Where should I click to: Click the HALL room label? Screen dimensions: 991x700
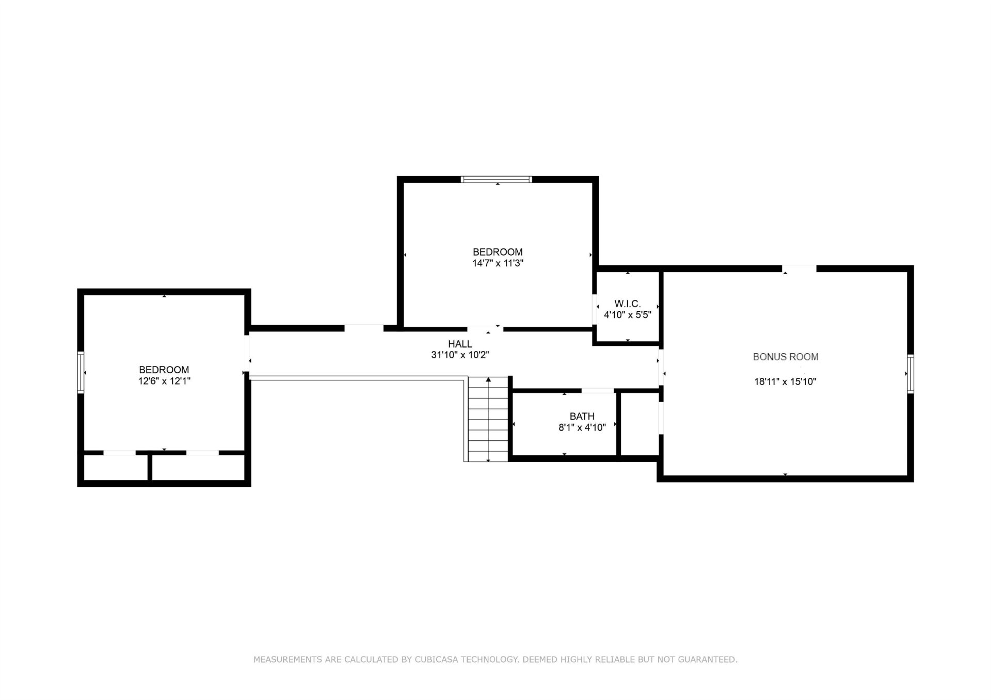pyautogui.click(x=460, y=344)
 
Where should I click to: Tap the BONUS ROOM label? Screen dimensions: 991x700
pyautogui.click(x=786, y=357)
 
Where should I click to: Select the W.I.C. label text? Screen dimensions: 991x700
pyautogui.click(x=628, y=304)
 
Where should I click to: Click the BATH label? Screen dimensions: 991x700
pyautogui.click(x=582, y=416)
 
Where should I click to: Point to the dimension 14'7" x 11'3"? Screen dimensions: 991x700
pyautogui.click(x=498, y=263)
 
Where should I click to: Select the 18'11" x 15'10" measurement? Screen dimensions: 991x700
pyautogui.click(x=785, y=382)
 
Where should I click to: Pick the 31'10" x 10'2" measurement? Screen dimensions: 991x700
pyautogui.click(x=460, y=355)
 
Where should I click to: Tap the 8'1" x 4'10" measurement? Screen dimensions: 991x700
pyautogui.click(x=582, y=427)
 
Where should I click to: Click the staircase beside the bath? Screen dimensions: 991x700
pyautogui.click(x=488, y=419)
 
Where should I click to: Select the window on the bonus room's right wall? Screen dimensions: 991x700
pyautogui.click(x=910, y=374)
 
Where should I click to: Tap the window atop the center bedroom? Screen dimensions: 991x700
pyautogui.click(x=496, y=180)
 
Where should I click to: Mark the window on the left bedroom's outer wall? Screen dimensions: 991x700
pyautogui.click(x=81, y=372)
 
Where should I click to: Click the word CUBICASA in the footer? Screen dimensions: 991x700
pyautogui.click(x=435, y=659)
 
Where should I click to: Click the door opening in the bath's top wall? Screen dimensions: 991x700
pyautogui.click(x=598, y=390)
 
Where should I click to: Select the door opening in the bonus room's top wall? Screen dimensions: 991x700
pyautogui.click(x=799, y=268)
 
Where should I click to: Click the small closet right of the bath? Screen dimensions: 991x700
pyautogui.click(x=639, y=424)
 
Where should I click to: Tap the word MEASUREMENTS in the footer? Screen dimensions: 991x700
pyautogui.click(x=287, y=659)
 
